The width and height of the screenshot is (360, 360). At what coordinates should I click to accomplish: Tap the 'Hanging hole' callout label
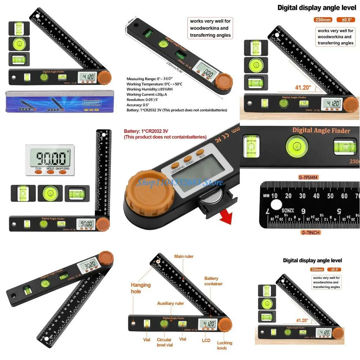[x=141, y=288]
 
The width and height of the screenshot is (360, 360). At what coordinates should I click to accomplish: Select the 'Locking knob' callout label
[x=224, y=345]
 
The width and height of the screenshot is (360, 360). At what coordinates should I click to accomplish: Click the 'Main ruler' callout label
[x=184, y=256]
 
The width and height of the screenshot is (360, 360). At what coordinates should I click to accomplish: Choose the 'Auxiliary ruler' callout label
[x=171, y=303]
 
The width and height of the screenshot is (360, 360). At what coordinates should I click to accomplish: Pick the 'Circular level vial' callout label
[x=165, y=342]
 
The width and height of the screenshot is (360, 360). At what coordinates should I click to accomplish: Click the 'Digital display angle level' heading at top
[x=317, y=8]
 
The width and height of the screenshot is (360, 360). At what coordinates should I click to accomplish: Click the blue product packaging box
[x=60, y=102]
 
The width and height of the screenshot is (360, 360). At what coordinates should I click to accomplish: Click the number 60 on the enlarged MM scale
[x=344, y=196]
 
